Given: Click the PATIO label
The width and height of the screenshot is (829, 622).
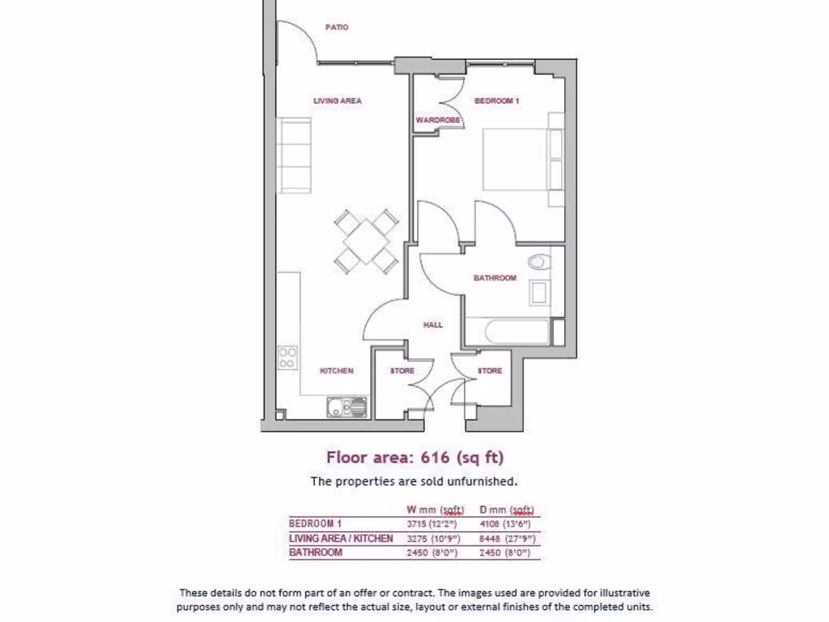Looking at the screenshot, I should pyautogui.click(x=337, y=28).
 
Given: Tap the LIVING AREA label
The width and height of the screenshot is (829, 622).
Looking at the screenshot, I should pyautogui.click(x=338, y=101).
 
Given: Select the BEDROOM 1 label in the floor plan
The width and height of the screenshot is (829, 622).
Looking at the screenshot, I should pyautogui.click(x=496, y=101).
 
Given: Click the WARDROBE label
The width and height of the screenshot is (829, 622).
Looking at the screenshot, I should pyautogui.click(x=438, y=120).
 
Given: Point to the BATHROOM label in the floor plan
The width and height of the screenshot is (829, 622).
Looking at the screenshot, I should pyautogui.click(x=495, y=278).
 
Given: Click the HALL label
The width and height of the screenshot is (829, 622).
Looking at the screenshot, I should pyautogui.click(x=433, y=325).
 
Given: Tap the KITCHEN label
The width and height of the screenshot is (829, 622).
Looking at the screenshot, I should pyautogui.click(x=337, y=371).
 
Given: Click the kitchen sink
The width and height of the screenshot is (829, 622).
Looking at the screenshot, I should pyautogui.click(x=346, y=406).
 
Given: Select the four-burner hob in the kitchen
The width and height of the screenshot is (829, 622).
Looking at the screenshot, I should pyautogui.click(x=287, y=357).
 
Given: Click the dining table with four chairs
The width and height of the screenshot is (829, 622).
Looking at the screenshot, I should pyautogui.click(x=367, y=240).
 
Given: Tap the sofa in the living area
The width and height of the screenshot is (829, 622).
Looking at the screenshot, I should pyautogui.click(x=293, y=156).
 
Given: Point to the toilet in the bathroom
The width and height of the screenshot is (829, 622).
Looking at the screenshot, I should pyautogui.click(x=538, y=262).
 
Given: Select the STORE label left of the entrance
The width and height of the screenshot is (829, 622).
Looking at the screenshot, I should pyautogui.click(x=402, y=371).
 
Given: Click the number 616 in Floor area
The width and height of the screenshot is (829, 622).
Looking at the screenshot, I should pyautogui.click(x=436, y=458).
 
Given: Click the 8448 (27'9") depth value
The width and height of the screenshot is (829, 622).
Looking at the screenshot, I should pyautogui.click(x=508, y=539).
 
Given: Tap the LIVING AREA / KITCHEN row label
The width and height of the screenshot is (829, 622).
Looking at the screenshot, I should pyautogui.click(x=341, y=539).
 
